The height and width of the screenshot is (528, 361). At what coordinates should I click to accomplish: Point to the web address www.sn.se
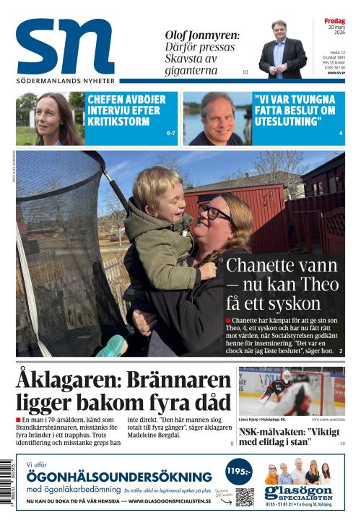tap(336, 72)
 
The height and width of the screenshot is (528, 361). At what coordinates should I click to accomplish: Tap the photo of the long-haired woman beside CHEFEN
tap(49, 119)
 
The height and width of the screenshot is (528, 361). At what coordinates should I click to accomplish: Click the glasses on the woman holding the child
tap(214, 212)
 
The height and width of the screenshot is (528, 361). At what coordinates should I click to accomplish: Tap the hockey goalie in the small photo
tap(279, 390)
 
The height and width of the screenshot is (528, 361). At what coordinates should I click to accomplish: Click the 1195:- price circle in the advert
tap(238, 472)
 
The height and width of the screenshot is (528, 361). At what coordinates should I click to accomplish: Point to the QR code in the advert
tap(245, 497)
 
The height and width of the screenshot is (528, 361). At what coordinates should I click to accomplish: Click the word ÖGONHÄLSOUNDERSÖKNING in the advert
tap(119, 477)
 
